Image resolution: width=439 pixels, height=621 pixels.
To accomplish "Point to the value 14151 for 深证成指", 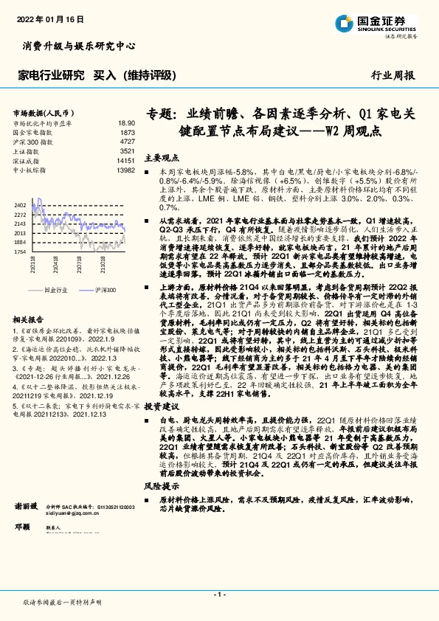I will coord(125,159).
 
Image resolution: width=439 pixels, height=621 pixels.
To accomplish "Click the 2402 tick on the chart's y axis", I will coord(20,204).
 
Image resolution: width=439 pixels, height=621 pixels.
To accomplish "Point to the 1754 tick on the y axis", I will coord(20,251).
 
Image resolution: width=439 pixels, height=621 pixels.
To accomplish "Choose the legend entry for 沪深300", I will coord(103,291).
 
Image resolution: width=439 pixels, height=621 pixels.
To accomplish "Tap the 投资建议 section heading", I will coord(162,406).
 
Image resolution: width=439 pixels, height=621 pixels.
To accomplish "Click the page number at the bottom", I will coord(219,594).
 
